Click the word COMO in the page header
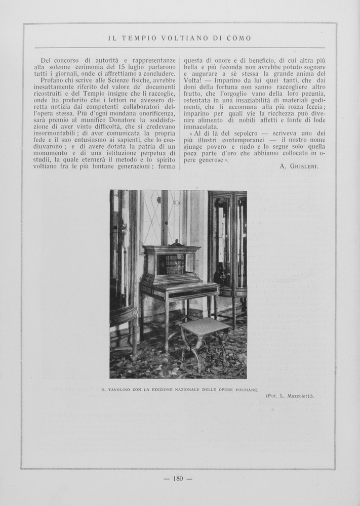[x=240, y=38]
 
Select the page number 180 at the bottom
[x=178, y=478]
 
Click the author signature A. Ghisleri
[x=299, y=166]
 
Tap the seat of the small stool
[x=205, y=327]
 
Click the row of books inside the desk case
[x=171, y=264]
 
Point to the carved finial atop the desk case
[x=176, y=242]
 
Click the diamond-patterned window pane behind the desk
[x=152, y=218]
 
